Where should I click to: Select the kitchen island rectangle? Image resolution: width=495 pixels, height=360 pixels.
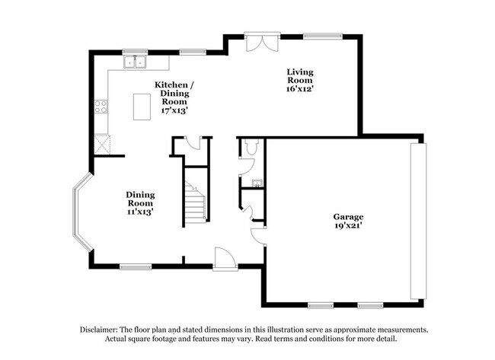point(142,107)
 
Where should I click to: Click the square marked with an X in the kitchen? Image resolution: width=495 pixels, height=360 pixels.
point(101,142)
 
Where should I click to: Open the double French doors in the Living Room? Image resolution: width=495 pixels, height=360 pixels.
point(260,42)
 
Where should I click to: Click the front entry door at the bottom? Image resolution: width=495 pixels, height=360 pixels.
point(224,260)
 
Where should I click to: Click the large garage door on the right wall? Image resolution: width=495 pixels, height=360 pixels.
point(415,221)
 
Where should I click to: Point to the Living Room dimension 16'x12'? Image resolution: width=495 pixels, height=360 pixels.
point(300,88)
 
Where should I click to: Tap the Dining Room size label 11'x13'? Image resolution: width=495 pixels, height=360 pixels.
point(139,212)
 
